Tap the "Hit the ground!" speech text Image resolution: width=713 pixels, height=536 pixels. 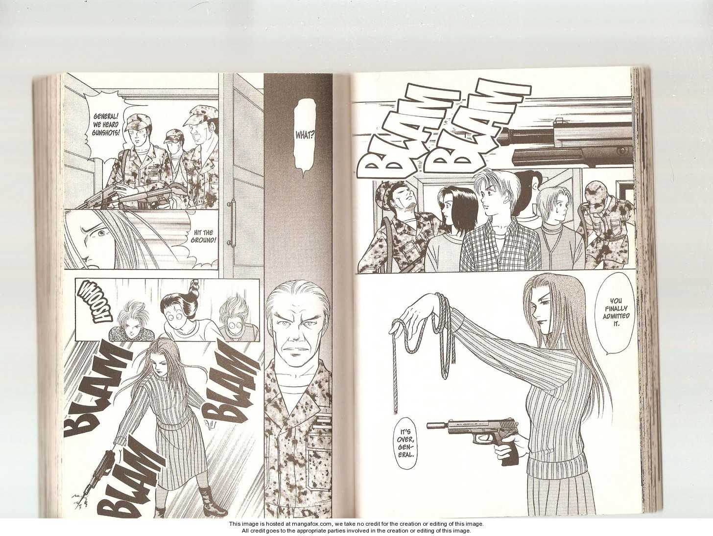tap(204, 236)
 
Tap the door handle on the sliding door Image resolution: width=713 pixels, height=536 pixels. tap(232, 223)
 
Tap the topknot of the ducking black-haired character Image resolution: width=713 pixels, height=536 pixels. tap(194, 286)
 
